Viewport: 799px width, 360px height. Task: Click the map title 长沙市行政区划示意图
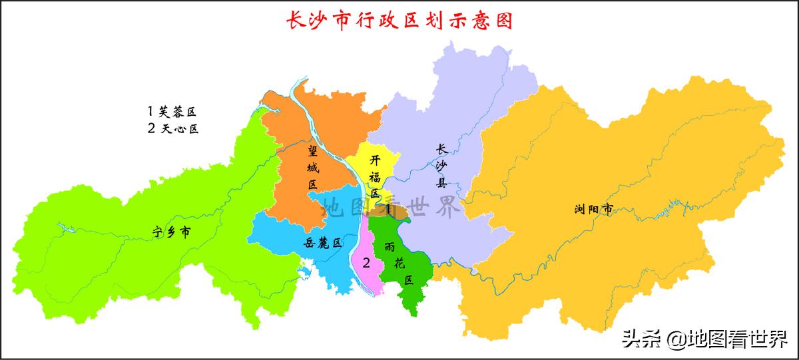pyautogui.click(x=399, y=20)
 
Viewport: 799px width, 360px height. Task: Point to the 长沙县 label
pyautogui.click(x=441, y=166)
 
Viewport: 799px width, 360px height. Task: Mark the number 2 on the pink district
pyautogui.click(x=366, y=262)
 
